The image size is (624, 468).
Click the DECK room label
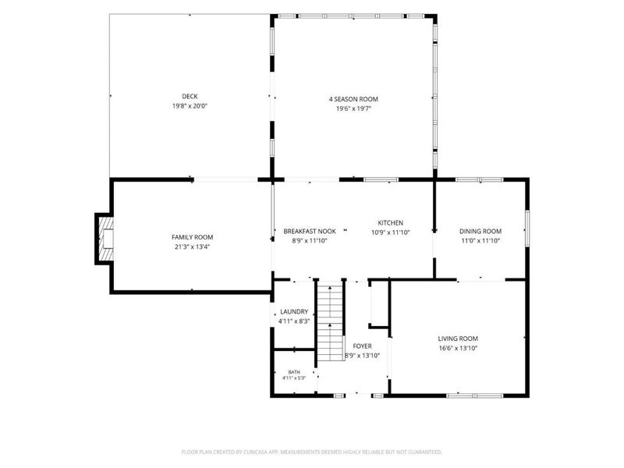(x=190, y=96)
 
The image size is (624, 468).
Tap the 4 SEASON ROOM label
(x=353, y=99)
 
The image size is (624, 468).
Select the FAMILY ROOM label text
(x=192, y=237)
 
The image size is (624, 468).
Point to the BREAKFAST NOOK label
(x=310, y=231)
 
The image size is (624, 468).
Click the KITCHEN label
(x=391, y=223)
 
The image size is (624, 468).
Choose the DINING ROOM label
(x=480, y=231)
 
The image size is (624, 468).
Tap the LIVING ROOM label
(x=458, y=339)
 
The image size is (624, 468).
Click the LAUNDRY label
(x=294, y=311)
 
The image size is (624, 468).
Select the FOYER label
(x=362, y=346)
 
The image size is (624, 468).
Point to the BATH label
(x=294, y=372)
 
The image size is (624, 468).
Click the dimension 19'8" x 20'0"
(x=190, y=106)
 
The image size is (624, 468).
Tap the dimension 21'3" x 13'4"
(x=192, y=246)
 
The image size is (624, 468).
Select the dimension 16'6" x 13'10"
(x=458, y=348)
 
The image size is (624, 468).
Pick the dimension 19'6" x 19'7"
(x=353, y=108)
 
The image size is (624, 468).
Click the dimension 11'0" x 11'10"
(x=480, y=241)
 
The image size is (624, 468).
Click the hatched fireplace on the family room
(x=105, y=239)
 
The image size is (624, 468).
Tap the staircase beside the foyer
(x=330, y=321)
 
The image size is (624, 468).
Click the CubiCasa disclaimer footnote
(x=311, y=452)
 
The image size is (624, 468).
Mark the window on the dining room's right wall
(x=527, y=229)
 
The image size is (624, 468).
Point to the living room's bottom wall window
(x=475, y=395)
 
